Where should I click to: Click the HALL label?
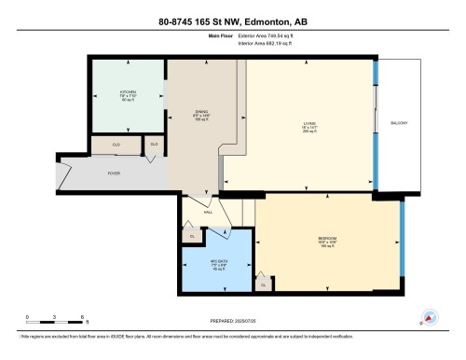[208, 212]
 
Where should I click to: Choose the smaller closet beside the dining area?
[154, 145]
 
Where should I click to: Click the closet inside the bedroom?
[264, 284]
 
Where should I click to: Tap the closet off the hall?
[193, 236]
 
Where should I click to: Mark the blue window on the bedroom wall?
[402, 247]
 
